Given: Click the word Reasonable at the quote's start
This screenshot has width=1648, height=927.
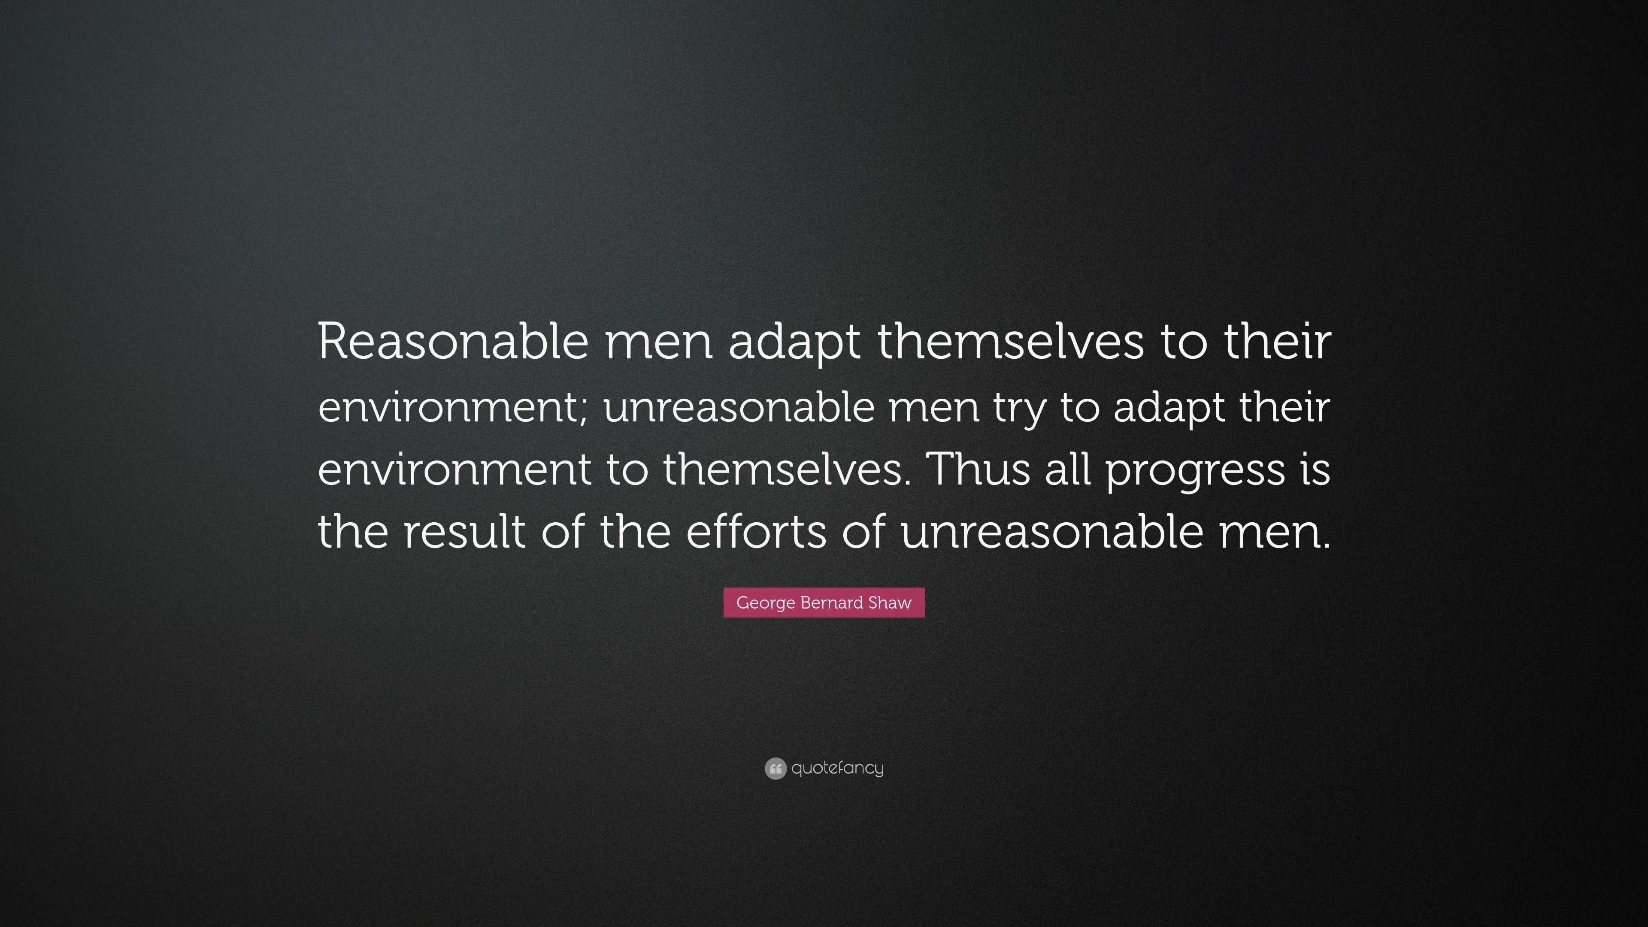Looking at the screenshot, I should click(452, 342).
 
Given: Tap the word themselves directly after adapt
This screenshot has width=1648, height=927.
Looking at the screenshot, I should click(1010, 342).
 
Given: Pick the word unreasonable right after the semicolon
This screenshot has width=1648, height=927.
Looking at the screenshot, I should click(739, 408).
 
